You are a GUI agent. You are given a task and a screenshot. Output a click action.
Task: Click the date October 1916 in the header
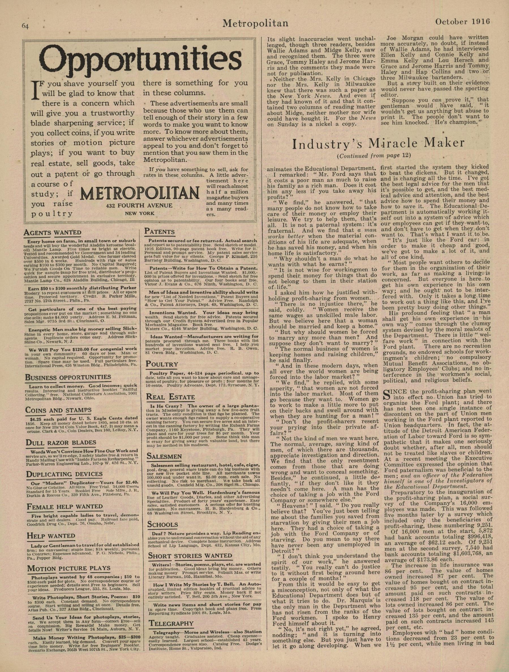(463, 22)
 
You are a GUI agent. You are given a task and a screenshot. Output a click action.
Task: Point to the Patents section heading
(160, 231)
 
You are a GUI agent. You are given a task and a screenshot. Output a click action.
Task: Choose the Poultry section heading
(162, 364)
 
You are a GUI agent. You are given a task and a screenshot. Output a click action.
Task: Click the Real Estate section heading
(170, 397)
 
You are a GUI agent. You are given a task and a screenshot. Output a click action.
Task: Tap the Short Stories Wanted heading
(190, 556)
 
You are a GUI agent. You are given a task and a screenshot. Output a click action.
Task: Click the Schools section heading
(163, 524)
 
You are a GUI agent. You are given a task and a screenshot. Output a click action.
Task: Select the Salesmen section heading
(164, 456)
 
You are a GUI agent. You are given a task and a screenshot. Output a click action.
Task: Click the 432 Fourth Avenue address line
(139, 205)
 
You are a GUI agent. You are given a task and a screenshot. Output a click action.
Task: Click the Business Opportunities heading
(68, 377)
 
